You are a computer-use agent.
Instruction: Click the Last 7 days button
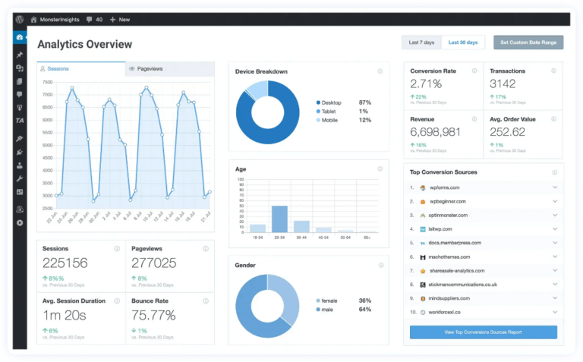422,42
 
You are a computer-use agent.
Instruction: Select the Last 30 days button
463,42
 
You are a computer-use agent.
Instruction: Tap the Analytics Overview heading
84,45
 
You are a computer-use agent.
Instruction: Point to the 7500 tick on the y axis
48,81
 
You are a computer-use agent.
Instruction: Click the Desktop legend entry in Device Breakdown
332,102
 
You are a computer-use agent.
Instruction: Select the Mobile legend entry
329,120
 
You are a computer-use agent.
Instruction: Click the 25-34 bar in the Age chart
279,219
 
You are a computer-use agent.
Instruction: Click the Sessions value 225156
65,263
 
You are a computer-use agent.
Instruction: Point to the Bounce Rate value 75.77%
153,315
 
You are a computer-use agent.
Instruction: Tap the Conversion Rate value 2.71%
426,83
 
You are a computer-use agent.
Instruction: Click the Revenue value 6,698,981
436,132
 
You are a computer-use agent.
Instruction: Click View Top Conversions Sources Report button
483,332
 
